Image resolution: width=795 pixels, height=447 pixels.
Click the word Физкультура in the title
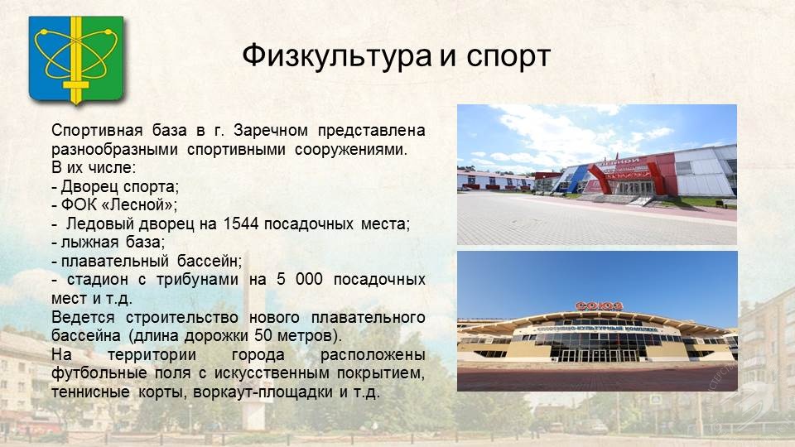tap(337, 56)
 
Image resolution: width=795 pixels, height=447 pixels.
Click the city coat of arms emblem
tap(76, 60)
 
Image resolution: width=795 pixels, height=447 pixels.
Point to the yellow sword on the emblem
tap(76, 60)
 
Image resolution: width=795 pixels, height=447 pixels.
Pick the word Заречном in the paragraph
tap(271, 131)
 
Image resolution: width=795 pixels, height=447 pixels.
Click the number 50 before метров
tap(263, 335)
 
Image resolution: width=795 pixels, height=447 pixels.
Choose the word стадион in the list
tap(98, 280)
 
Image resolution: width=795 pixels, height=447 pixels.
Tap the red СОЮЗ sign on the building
tap(599, 305)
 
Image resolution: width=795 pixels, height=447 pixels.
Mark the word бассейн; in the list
tap(210, 261)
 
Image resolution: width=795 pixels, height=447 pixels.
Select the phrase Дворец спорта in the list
tap(118, 187)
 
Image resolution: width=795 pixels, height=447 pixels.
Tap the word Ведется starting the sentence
tap(83, 318)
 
